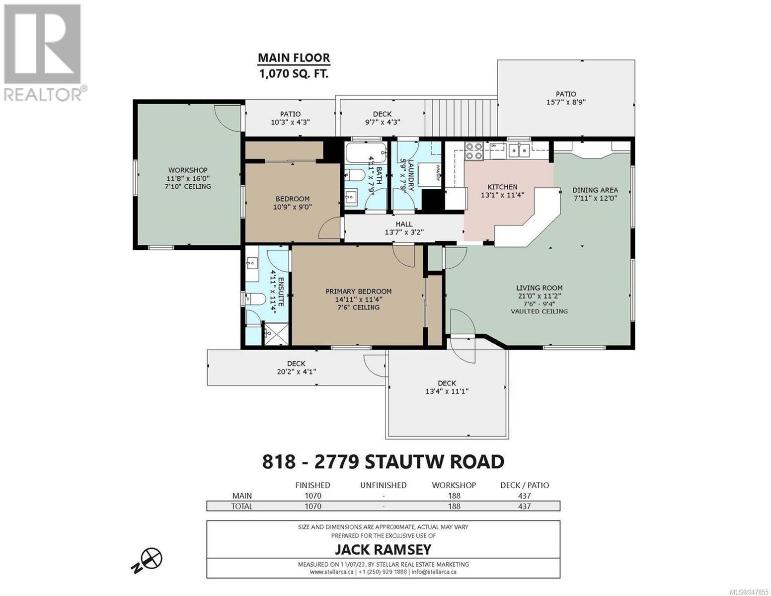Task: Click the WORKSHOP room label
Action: click(187, 170)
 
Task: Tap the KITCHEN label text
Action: click(502, 187)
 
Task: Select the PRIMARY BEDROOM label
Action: click(358, 292)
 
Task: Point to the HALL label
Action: click(404, 224)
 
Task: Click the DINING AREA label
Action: click(595, 190)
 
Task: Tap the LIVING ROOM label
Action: click(539, 288)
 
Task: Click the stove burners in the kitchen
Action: click(473, 150)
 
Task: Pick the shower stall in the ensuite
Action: click(276, 334)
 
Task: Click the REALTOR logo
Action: click(43, 53)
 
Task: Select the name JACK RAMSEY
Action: click(383, 549)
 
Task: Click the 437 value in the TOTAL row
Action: click(524, 506)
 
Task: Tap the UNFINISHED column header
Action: click(383, 485)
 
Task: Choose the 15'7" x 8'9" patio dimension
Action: click(565, 102)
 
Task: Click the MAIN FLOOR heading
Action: click(294, 58)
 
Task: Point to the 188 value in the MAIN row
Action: click(454, 496)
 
